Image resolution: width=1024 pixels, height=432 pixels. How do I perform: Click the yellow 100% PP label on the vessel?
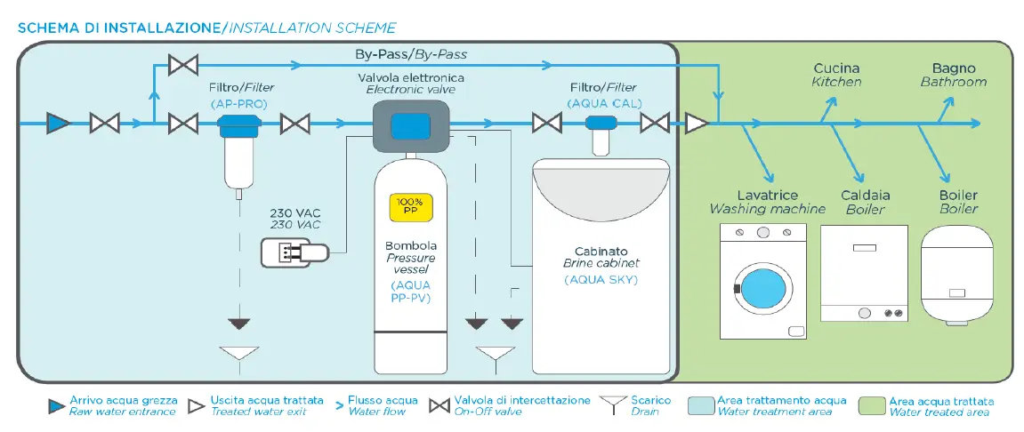411,207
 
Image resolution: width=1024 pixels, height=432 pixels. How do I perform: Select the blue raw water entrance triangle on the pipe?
58,124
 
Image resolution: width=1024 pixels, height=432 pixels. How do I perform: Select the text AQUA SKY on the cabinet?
601,280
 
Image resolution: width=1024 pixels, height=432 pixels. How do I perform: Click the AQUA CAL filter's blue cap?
601,123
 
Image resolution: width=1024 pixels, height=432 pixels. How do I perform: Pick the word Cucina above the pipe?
836,68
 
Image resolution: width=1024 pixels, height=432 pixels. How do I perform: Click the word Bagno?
954,68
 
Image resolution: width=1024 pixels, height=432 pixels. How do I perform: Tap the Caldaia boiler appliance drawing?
863,273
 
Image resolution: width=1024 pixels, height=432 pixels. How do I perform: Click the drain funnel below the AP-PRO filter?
238,354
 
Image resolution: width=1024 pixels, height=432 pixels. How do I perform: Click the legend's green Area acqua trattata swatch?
872,406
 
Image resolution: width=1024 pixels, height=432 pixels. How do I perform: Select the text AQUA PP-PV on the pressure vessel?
410,291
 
